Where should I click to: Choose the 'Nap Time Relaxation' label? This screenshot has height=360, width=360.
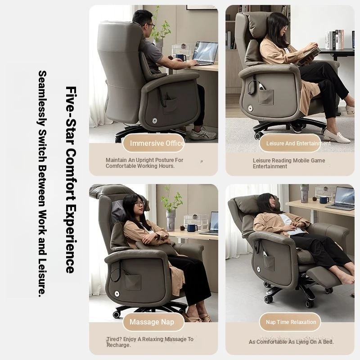tap(291, 322)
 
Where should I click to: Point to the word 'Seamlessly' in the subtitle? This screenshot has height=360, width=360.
tap(42, 98)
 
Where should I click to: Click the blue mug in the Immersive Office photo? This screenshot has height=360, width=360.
tap(181, 57)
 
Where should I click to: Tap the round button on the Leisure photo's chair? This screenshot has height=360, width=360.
tap(250, 108)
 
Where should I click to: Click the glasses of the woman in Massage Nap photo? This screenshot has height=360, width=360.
tap(140, 203)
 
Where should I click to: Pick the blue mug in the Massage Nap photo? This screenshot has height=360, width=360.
tap(192, 228)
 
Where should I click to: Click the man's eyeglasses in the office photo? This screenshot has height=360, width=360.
tap(151, 25)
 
